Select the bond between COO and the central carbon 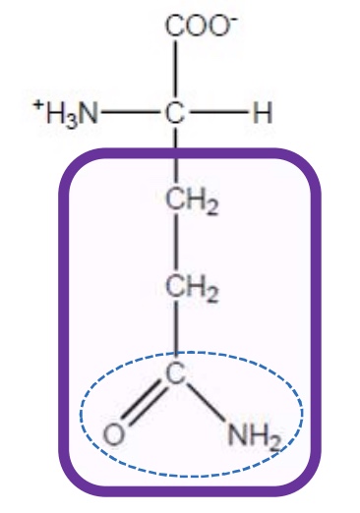click(x=177, y=69)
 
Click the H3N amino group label click(x=69, y=114)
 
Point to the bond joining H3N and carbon click(x=130, y=114)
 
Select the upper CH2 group click(x=190, y=207)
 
